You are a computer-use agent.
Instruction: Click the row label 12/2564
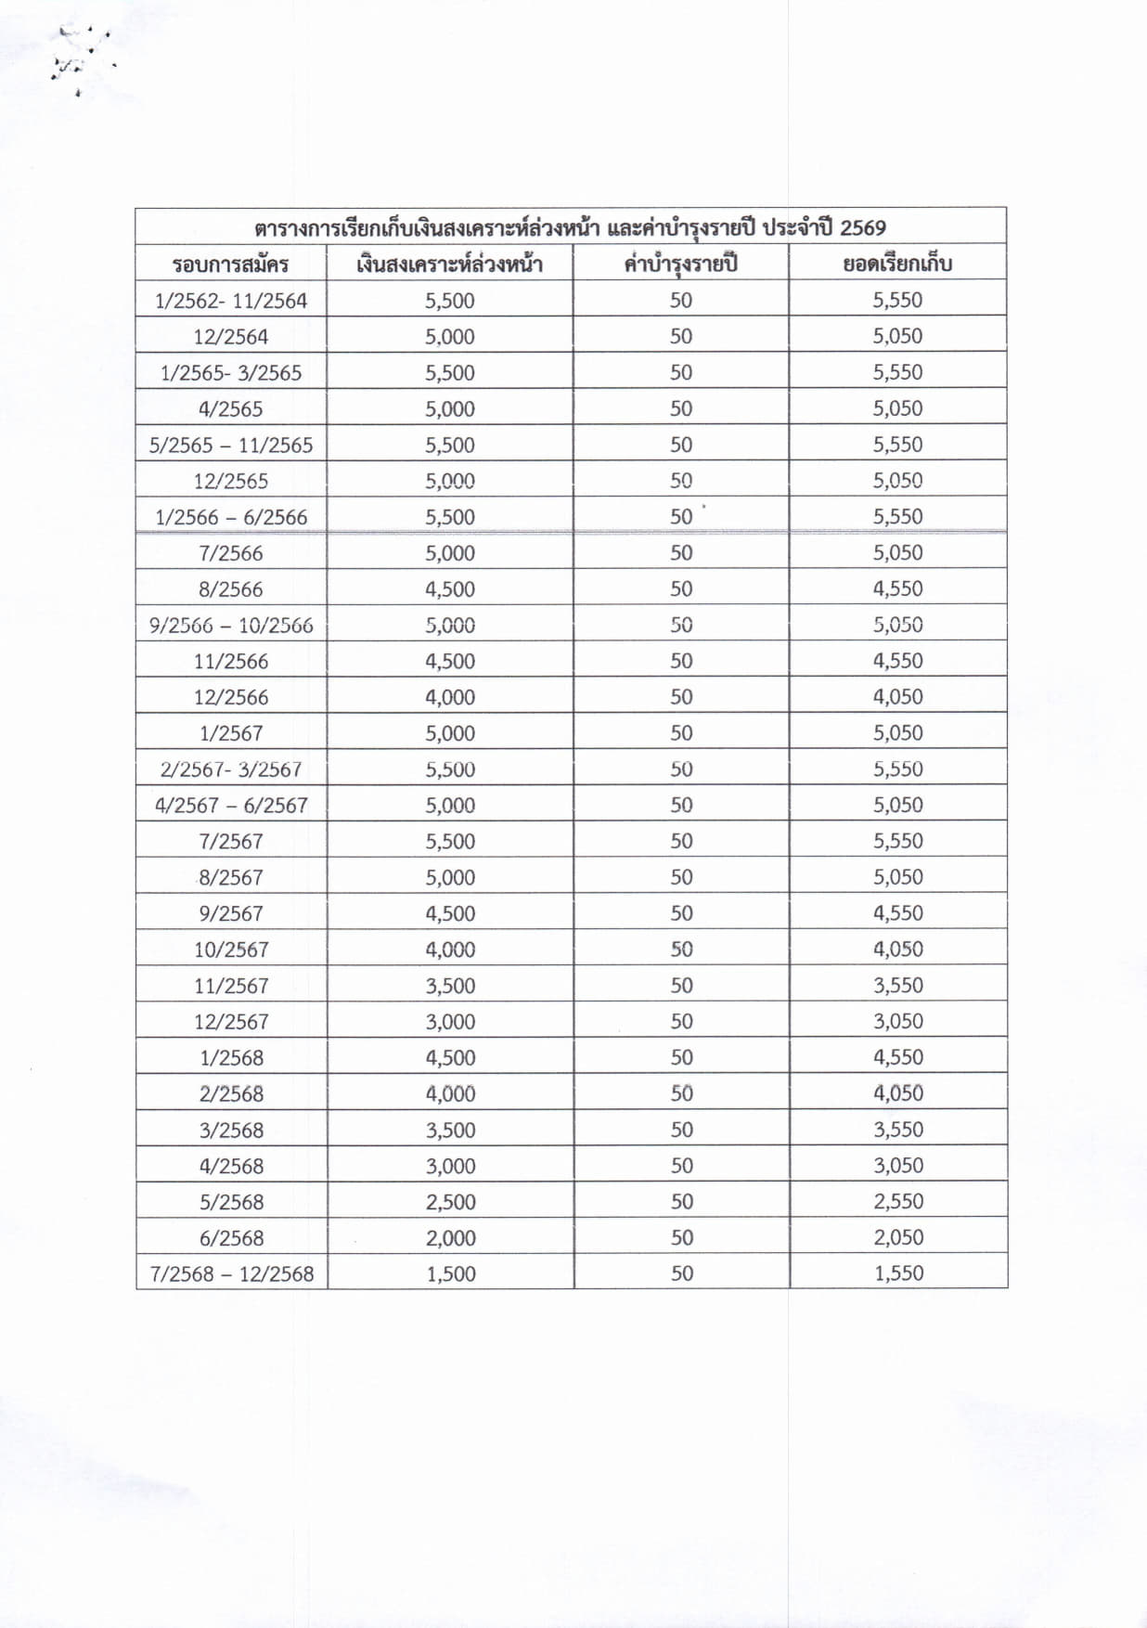pyautogui.click(x=230, y=337)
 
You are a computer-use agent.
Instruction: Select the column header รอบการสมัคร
pyautogui.click(x=230, y=265)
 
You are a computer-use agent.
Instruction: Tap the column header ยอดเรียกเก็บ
pyautogui.click(x=897, y=264)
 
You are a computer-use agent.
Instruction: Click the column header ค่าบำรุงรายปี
pyautogui.click(x=680, y=264)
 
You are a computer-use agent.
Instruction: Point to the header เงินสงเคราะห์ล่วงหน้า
pyautogui.click(x=449, y=265)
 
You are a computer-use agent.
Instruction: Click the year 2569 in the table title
pyautogui.click(x=863, y=227)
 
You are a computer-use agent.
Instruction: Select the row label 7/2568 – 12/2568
pyautogui.click(x=231, y=1273)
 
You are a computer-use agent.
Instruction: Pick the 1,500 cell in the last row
pyautogui.click(x=450, y=1273)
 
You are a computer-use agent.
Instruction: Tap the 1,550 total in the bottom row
pyautogui.click(x=898, y=1273)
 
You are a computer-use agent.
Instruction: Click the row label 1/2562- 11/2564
pyautogui.click(x=230, y=301)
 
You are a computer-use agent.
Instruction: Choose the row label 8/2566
pyautogui.click(x=230, y=589)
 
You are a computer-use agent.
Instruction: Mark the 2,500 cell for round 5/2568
pyautogui.click(x=450, y=1202)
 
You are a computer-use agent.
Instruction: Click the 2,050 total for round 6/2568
pyautogui.click(x=898, y=1237)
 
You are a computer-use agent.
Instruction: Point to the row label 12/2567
pyautogui.click(x=231, y=1022)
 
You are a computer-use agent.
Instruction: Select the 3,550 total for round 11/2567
pyautogui.click(x=898, y=985)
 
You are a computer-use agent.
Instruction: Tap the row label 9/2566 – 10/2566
pyautogui.click(x=231, y=626)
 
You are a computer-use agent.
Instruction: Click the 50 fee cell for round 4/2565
pyautogui.click(x=681, y=408)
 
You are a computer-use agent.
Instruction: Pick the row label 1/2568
pyautogui.click(x=231, y=1058)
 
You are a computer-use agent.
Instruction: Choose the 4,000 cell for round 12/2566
pyautogui.click(x=450, y=697)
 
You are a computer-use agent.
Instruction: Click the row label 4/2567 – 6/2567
pyautogui.click(x=231, y=806)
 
